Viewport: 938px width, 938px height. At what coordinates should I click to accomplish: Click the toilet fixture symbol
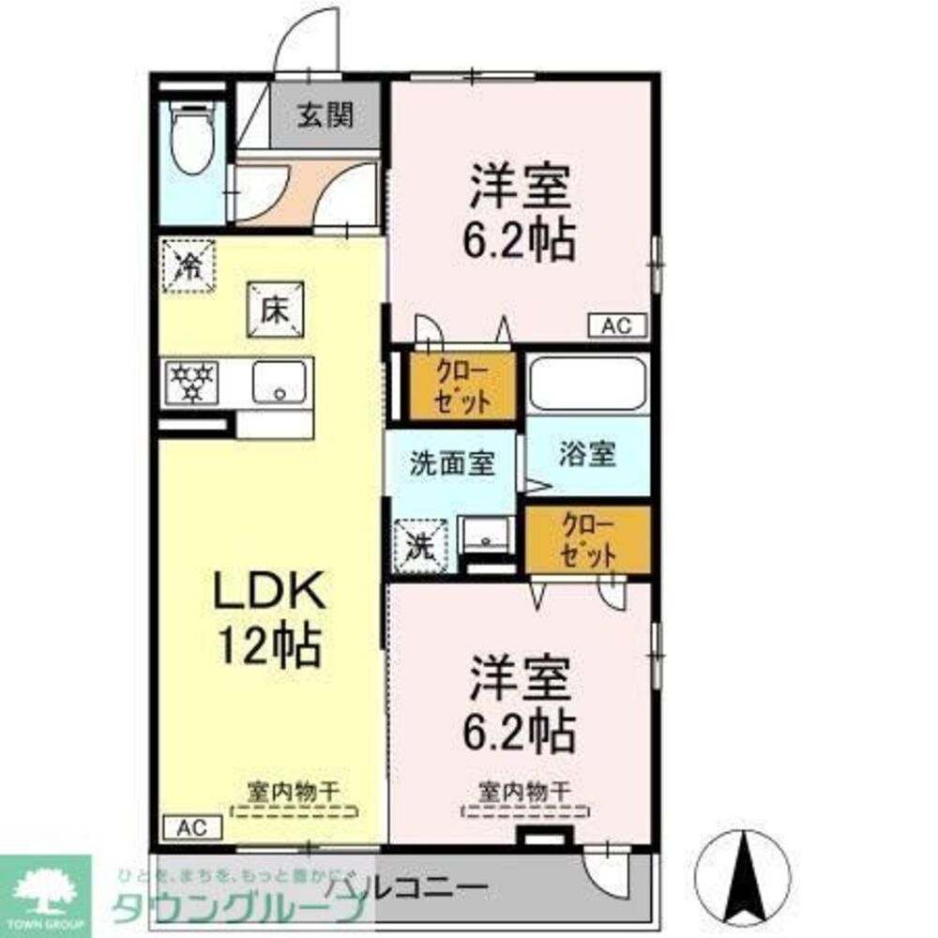coord(193,138)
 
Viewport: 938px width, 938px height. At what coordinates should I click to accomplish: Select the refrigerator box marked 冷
coord(189,266)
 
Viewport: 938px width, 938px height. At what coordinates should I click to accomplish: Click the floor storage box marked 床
coord(276,310)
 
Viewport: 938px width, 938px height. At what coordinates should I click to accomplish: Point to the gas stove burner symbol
coord(191,382)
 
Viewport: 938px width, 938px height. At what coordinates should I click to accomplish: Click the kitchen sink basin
coord(280,382)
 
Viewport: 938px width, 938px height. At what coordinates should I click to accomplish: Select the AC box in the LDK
coord(191,827)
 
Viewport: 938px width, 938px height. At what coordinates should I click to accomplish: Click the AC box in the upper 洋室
coord(617,325)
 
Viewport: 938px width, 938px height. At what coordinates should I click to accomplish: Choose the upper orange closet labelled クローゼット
coord(462,386)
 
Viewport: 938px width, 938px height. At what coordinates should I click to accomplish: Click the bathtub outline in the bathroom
coord(587,384)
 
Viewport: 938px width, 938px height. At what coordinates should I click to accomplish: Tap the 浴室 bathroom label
coord(587,455)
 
